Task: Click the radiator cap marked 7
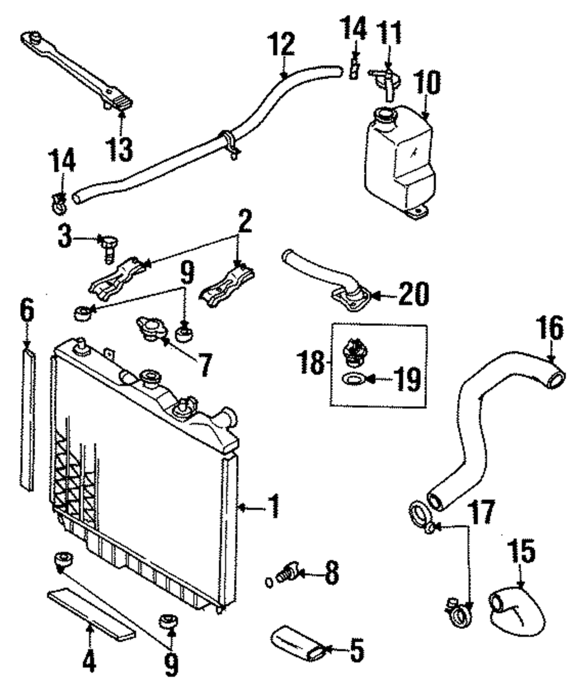(150, 328)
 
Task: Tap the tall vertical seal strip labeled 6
(26, 419)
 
